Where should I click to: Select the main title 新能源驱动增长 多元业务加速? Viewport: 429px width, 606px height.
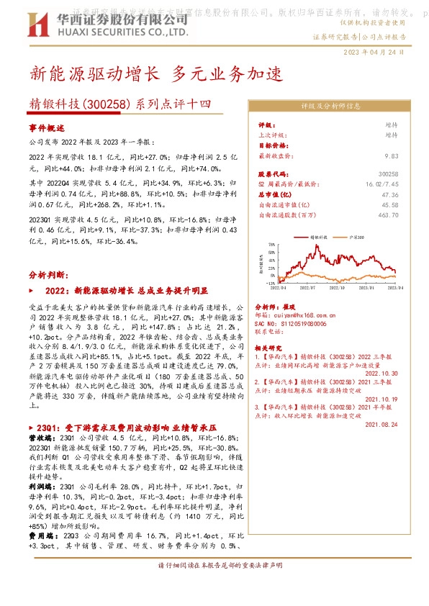point(158,73)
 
